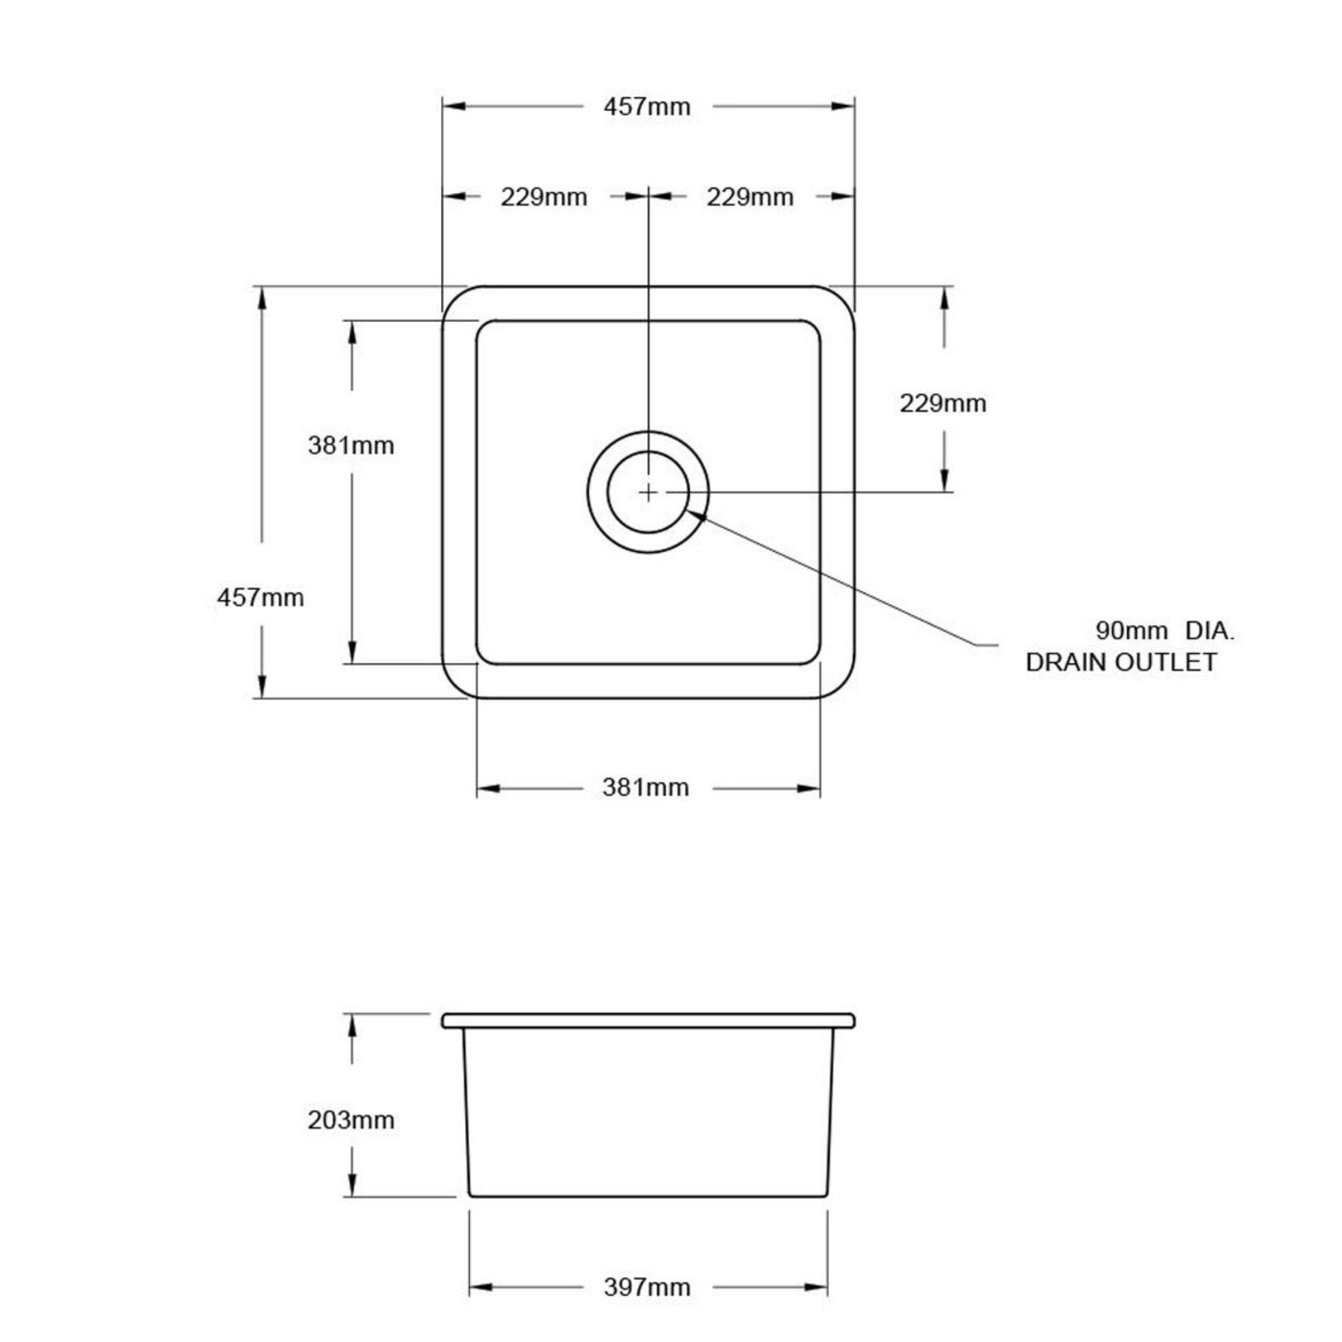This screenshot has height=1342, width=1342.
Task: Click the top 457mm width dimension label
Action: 647,107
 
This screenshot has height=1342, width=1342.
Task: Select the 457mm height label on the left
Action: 260,598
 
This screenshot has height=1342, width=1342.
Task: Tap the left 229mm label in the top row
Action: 544,197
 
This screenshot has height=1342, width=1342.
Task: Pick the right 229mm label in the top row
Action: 750,197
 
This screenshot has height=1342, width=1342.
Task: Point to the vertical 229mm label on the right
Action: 943,404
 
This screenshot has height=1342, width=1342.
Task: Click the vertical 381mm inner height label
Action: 351,445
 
